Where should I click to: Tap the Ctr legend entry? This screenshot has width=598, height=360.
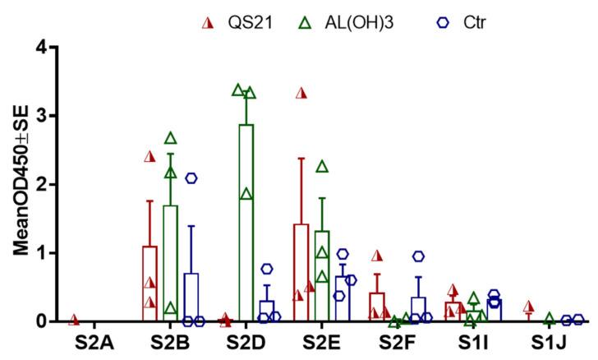449,23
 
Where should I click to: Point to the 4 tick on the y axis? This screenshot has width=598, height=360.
33,48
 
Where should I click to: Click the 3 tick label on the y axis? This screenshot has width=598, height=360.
33,116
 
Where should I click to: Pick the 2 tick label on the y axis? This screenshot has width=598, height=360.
33,184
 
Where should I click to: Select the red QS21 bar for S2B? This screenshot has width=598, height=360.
149,284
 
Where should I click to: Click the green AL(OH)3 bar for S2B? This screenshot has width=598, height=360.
171,263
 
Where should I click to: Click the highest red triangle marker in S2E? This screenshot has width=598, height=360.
301,93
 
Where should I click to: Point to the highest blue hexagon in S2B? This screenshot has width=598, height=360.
191,178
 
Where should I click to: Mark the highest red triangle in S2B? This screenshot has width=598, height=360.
149,156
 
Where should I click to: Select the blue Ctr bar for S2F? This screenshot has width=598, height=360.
418,309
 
